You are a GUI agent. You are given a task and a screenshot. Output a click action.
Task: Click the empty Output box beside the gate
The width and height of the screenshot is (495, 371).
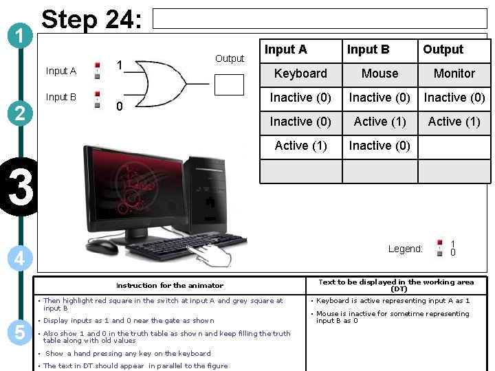[229, 84]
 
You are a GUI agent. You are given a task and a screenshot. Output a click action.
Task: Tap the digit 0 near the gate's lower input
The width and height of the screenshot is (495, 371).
[120, 106]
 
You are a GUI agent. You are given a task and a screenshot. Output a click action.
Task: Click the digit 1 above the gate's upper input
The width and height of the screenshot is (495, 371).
[120, 65]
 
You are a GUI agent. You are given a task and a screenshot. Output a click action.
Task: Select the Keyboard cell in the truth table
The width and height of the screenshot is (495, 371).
[300, 74]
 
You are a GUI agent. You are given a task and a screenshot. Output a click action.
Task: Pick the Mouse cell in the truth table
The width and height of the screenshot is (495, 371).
[379, 74]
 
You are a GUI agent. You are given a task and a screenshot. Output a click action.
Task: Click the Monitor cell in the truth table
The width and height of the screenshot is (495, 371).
[454, 74]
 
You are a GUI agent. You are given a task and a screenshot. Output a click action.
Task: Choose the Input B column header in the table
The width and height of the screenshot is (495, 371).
[368, 49]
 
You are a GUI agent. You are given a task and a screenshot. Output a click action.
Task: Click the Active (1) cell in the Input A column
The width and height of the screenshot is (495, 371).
[300, 146]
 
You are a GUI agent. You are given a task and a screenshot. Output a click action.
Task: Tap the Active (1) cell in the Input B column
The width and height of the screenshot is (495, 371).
[379, 122]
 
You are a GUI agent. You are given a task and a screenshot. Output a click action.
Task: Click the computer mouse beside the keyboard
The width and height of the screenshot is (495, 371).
[101, 246]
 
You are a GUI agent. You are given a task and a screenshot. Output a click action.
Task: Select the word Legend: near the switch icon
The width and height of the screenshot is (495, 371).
[405, 249]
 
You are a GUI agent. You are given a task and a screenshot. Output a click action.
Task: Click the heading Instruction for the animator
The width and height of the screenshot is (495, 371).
[169, 285]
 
